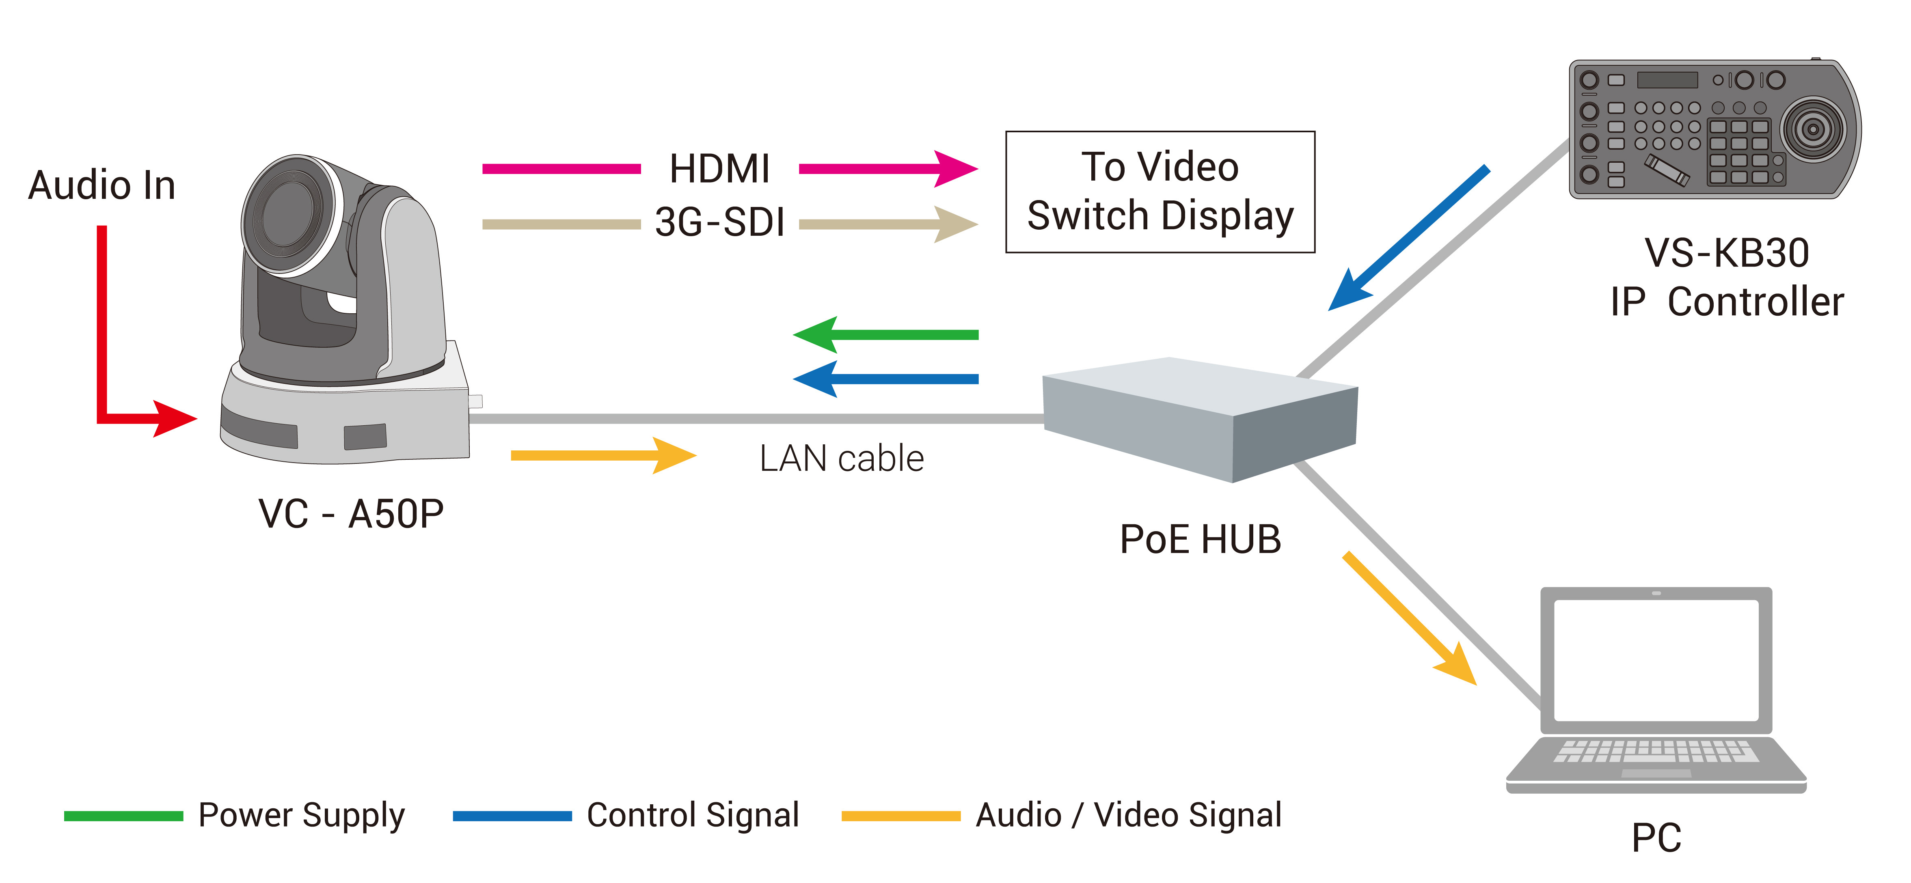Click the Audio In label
pos(101,185)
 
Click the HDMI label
pos(719,169)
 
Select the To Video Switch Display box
pos(1160,192)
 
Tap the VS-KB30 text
pos(1726,254)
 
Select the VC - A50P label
pos(351,514)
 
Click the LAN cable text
pos(841,458)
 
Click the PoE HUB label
pos(1200,539)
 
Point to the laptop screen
pos(1656,660)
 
